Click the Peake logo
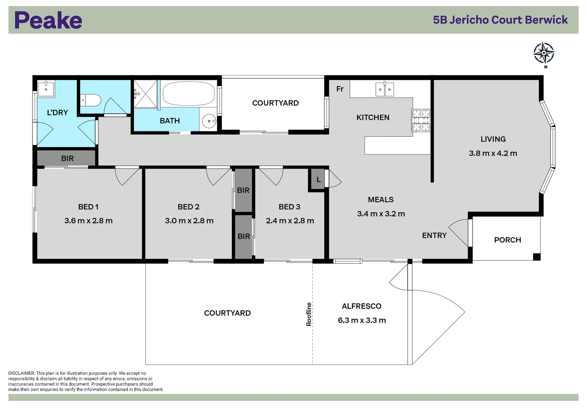(x=48, y=20)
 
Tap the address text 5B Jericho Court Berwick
(x=500, y=20)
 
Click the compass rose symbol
(x=544, y=53)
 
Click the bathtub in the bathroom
(x=188, y=93)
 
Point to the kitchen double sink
(x=384, y=90)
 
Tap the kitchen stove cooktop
(x=421, y=120)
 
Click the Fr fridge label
(x=340, y=89)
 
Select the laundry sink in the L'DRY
(x=46, y=88)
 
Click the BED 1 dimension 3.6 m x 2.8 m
(x=88, y=221)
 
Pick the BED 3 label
(x=289, y=207)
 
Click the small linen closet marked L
(x=318, y=179)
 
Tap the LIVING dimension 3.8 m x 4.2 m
(x=493, y=153)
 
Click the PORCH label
(x=507, y=240)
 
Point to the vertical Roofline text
(x=309, y=314)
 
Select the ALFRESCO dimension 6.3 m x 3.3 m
(x=362, y=320)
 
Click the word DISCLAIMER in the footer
(x=22, y=373)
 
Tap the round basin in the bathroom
(x=209, y=121)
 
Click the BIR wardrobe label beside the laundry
(x=67, y=158)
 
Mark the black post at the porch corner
(x=537, y=257)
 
